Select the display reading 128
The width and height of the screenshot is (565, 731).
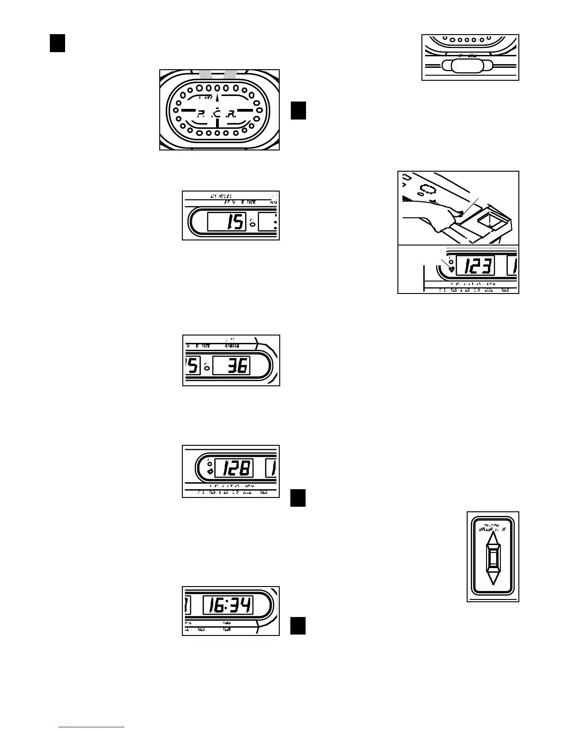click(234, 469)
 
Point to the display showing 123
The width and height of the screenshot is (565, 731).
click(475, 266)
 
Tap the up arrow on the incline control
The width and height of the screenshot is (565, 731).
click(493, 539)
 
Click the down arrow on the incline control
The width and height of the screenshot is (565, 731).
click(493, 578)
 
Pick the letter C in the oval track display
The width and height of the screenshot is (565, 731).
click(216, 114)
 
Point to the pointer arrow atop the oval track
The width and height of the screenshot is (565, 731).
click(216, 96)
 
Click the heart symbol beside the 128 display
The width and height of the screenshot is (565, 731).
click(210, 472)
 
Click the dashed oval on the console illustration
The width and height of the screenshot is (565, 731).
click(428, 189)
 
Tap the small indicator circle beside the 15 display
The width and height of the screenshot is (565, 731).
click(252, 225)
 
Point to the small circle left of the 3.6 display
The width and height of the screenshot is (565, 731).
click(207, 368)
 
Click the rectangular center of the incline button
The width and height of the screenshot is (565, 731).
click(493, 558)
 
